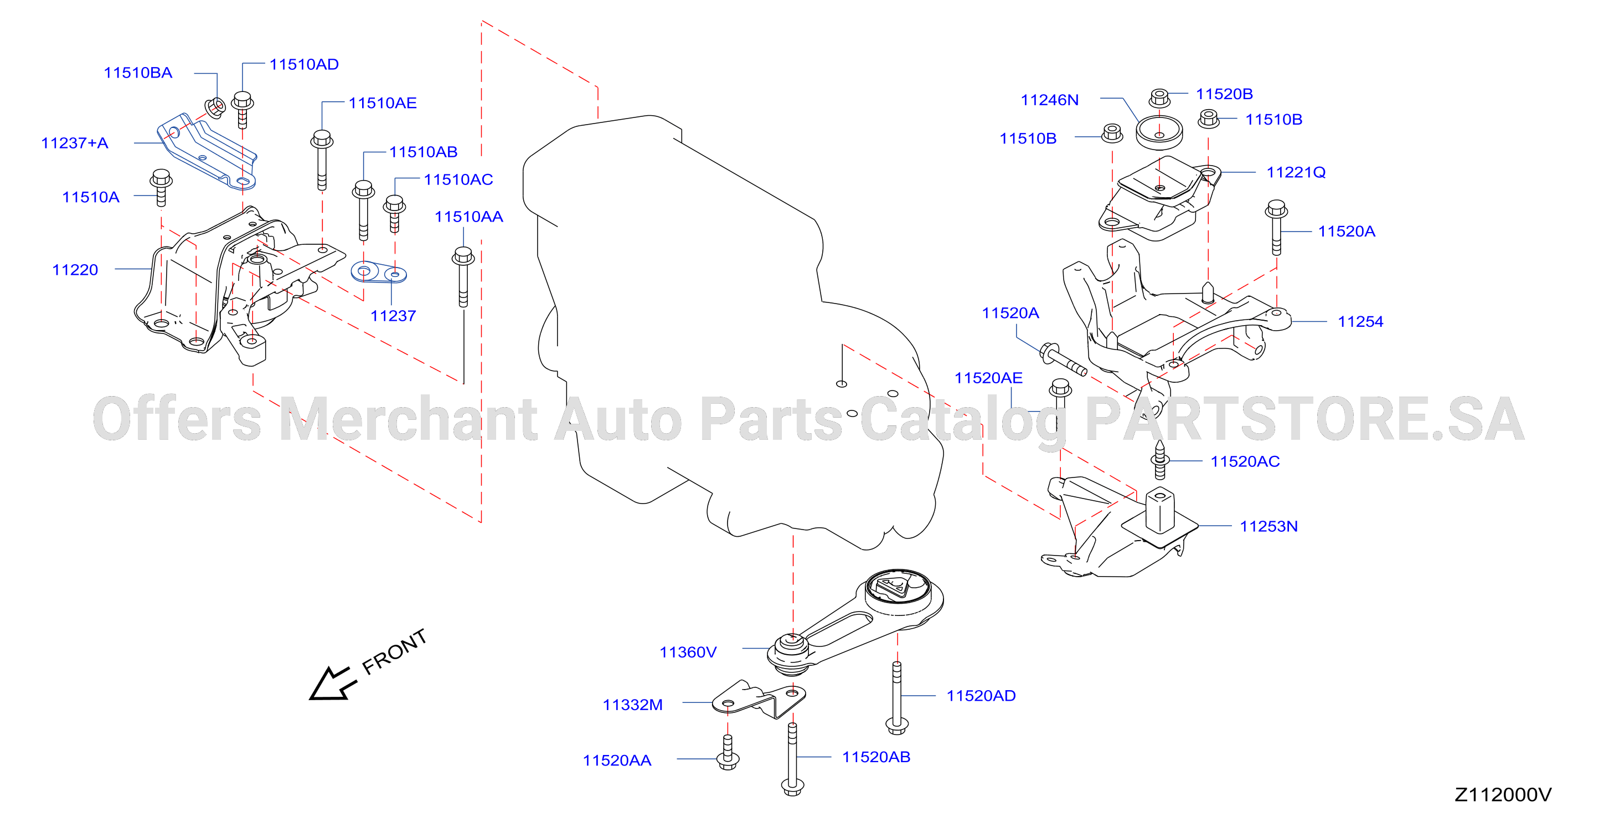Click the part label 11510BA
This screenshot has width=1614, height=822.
point(138,73)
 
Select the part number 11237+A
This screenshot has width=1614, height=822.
point(75,143)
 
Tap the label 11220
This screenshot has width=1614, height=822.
point(75,270)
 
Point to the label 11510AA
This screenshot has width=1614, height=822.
point(468,217)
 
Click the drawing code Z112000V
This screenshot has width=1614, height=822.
point(1503,794)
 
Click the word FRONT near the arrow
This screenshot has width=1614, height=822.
point(395,652)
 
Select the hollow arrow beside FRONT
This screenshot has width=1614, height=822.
point(332,684)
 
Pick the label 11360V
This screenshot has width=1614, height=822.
point(688,652)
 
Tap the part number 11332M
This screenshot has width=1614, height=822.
point(633,705)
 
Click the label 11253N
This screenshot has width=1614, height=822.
point(1268,526)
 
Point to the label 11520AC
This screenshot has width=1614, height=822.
point(1245,461)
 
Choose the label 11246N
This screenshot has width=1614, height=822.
point(1049,100)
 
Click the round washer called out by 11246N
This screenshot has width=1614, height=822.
point(1159,133)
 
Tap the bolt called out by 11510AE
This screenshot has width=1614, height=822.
point(322,160)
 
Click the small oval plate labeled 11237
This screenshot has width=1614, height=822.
point(378,274)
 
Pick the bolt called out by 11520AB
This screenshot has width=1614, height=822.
point(792,759)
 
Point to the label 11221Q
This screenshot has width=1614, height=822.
point(1296,172)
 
